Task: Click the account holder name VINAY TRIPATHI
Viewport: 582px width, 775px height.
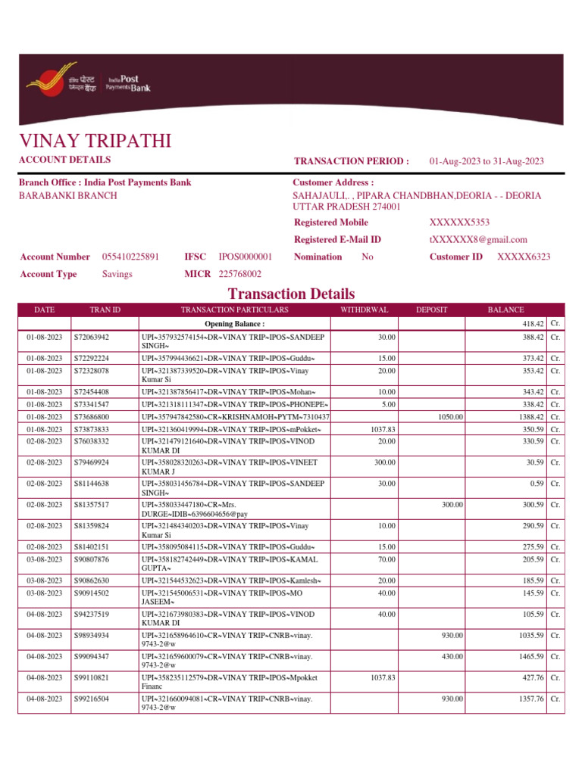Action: [x=95, y=141]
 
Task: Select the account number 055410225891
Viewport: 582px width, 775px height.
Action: [x=131, y=257]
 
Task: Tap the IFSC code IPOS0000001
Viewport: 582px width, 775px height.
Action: [x=246, y=257]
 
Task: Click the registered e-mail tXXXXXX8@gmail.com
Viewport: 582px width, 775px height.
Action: [x=477, y=239]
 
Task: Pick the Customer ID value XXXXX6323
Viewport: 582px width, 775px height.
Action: [x=524, y=257]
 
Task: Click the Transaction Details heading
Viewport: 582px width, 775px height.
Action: [x=291, y=294]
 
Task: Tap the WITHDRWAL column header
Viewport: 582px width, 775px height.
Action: [x=365, y=310]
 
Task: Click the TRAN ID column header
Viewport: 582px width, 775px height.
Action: [x=105, y=310]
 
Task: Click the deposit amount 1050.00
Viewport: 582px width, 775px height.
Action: [x=450, y=416]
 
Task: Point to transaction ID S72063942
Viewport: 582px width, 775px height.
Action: [x=92, y=337]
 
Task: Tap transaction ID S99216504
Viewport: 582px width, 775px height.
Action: [x=92, y=699]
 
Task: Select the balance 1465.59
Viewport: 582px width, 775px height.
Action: [x=529, y=656]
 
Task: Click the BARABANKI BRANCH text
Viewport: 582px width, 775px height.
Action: [x=67, y=195]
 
